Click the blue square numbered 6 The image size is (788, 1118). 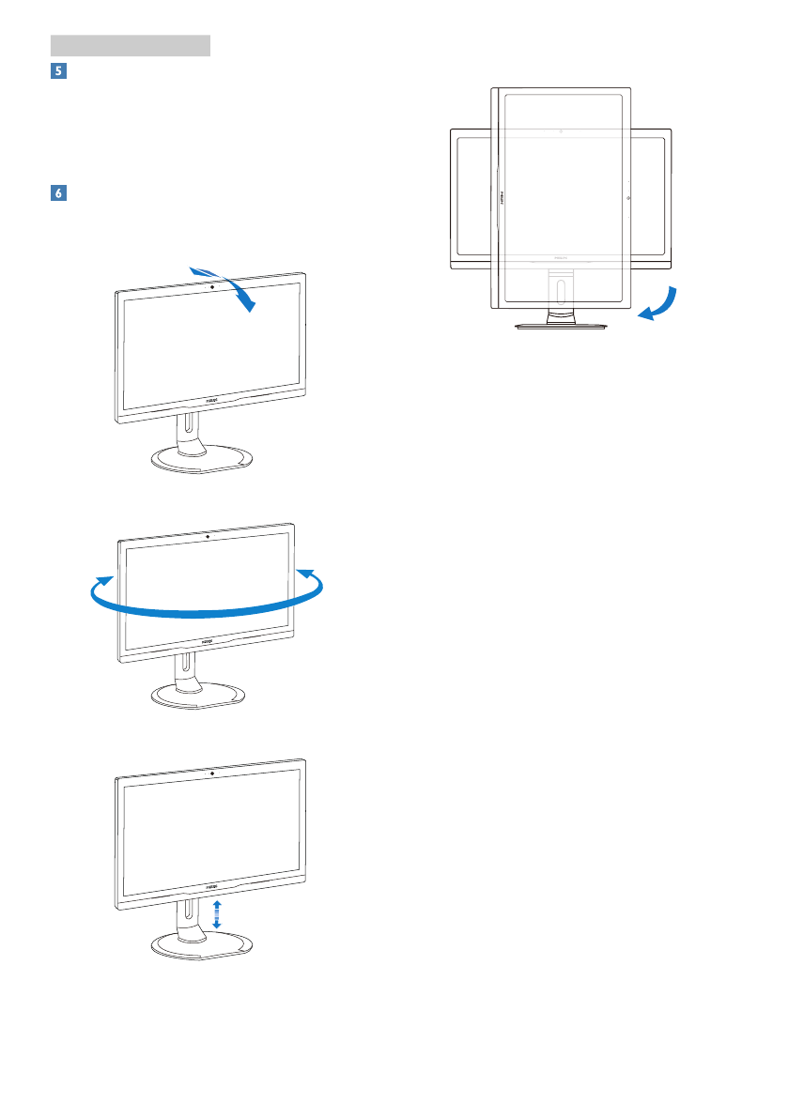[x=57, y=192]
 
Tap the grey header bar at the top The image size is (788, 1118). [x=130, y=45]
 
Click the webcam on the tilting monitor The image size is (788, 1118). [x=212, y=283]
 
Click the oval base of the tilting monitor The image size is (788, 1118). [x=203, y=461]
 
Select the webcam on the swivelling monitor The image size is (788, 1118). [x=206, y=535]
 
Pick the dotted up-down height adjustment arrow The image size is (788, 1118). [x=217, y=913]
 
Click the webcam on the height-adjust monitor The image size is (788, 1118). [x=212, y=773]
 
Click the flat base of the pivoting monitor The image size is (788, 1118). [x=561, y=326]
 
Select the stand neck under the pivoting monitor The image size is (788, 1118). [x=561, y=291]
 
